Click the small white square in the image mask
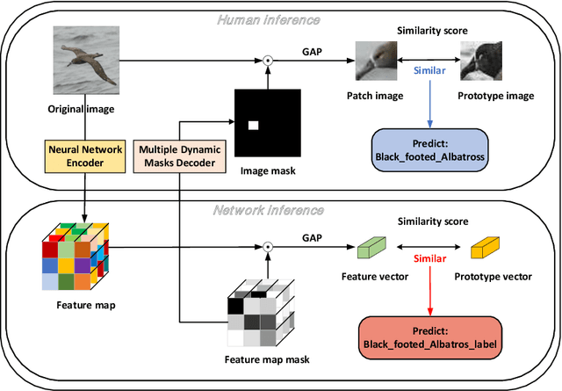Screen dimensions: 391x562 pos(253,126)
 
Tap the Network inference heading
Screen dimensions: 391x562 pos(280,211)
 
